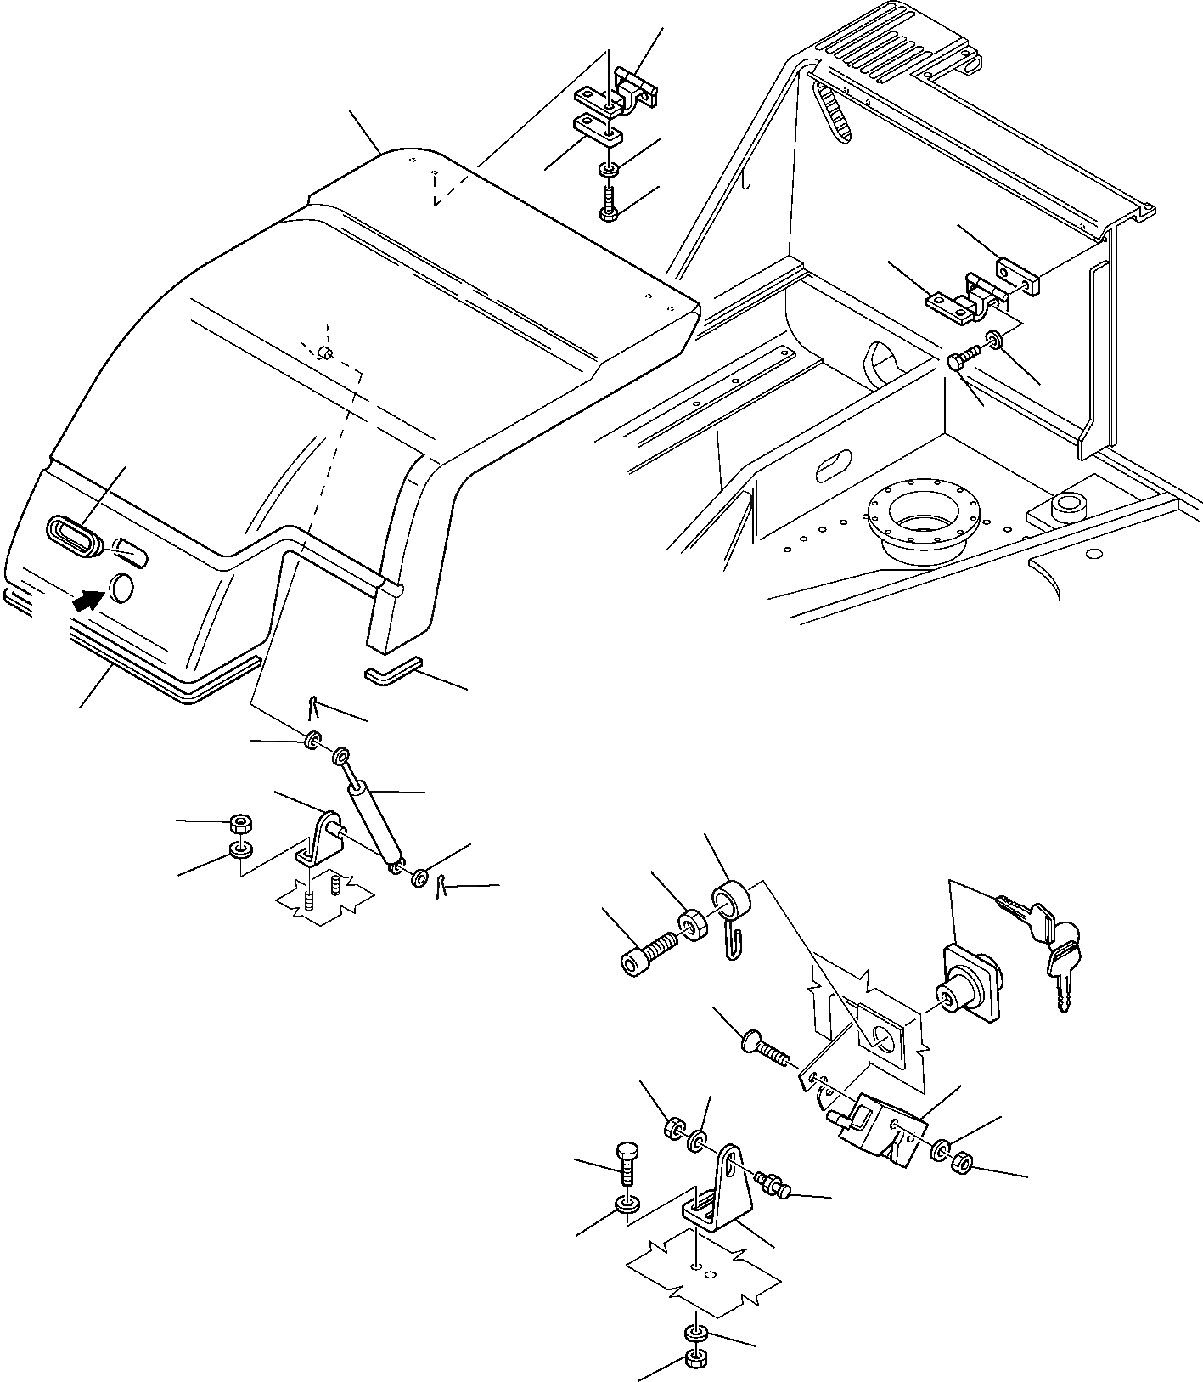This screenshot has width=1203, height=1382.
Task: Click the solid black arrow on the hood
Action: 83,601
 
